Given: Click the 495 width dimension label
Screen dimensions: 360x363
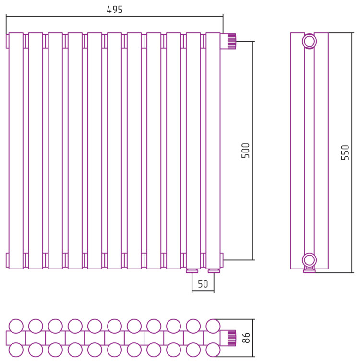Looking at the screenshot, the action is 114,10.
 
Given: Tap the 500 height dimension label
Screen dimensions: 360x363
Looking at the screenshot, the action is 246,151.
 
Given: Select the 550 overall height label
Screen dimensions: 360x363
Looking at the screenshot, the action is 345,152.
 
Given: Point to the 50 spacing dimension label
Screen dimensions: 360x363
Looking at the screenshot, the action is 203,284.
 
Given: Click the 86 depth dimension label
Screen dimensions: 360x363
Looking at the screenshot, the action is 246,338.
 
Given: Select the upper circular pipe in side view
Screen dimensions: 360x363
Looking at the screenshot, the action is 310,42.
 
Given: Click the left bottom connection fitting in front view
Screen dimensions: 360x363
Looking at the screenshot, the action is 192,271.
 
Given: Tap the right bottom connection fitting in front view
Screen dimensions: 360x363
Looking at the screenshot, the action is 214,271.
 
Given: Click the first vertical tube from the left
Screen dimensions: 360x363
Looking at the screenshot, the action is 16,151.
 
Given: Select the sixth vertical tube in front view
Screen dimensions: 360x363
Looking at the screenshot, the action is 114,151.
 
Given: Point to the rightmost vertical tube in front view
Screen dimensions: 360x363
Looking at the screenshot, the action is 213,151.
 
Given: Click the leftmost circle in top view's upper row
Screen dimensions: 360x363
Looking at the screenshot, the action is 16,327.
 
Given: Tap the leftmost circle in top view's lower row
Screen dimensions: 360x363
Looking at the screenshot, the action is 16,350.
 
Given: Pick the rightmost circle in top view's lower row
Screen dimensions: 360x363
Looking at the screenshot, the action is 213,350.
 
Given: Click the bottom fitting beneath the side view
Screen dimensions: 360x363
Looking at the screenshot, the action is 310,270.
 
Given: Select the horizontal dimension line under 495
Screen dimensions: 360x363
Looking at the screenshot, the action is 114,16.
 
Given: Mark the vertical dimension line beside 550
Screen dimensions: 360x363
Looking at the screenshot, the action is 352,152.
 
